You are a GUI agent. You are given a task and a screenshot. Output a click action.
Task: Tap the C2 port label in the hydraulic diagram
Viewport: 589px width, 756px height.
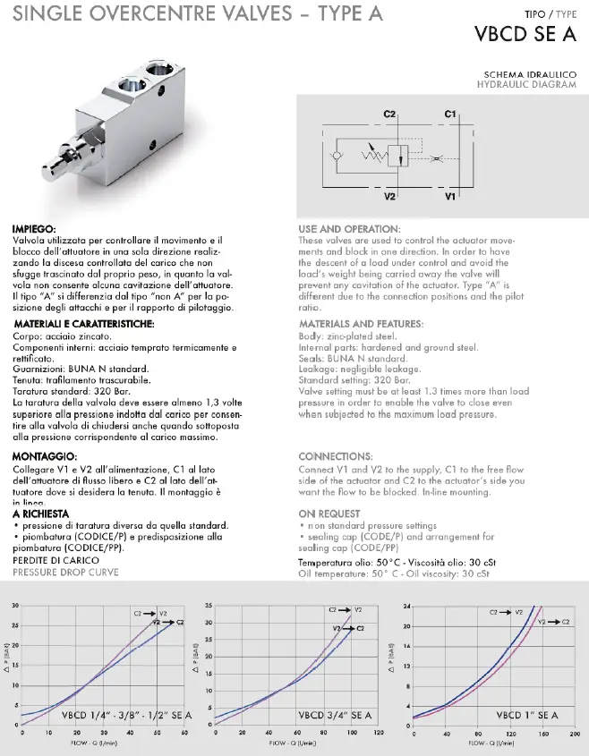tap(389, 115)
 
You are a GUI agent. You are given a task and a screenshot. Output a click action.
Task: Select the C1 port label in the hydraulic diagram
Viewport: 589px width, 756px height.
tap(450, 115)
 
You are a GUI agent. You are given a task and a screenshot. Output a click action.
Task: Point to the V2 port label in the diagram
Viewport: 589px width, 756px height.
tap(389, 195)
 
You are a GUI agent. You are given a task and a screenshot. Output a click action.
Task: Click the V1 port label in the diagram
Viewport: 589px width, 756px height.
tap(450, 195)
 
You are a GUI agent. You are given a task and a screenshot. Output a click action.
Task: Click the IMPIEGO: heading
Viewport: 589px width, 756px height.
tap(35, 229)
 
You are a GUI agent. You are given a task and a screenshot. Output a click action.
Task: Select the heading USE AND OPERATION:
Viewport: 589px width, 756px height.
tap(348, 229)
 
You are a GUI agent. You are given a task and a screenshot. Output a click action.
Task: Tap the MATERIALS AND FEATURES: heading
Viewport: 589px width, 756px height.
tap(361, 324)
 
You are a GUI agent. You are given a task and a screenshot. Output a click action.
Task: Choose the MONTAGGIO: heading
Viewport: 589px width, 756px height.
tap(43, 456)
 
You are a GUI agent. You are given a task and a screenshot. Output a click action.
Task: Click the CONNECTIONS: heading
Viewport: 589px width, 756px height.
tap(335, 456)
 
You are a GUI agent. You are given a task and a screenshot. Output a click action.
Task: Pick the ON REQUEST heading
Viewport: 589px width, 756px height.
tap(329, 514)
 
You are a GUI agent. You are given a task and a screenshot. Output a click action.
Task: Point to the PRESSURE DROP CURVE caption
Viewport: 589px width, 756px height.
tap(67, 571)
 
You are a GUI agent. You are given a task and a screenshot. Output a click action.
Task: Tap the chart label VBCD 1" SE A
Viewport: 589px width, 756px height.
tap(527, 716)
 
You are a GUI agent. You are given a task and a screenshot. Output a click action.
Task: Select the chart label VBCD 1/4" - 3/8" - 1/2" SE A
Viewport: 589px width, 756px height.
tap(125, 716)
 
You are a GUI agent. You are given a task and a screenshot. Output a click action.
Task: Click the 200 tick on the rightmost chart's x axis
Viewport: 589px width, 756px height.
tap(574, 734)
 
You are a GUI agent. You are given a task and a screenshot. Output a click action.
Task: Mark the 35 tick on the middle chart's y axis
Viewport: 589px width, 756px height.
tap(209, 607)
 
